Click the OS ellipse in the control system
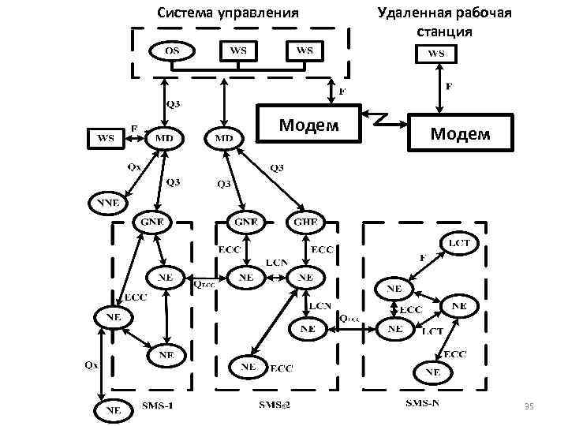(x=171, y=51)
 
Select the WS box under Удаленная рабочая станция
(x=436, y=54)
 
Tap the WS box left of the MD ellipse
(x=105, y=139)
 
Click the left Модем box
(x=310, y=125)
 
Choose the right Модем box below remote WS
(x=460, y=134)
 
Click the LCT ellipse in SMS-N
(x=459, y=243)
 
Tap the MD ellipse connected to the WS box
(x=165, y=138)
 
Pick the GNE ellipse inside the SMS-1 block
(x=152, y=222)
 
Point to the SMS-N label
(x=424, y=404)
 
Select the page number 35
(x=529, y=406)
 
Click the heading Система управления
(x=228, y=13)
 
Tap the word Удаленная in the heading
(x=413, y=13)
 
